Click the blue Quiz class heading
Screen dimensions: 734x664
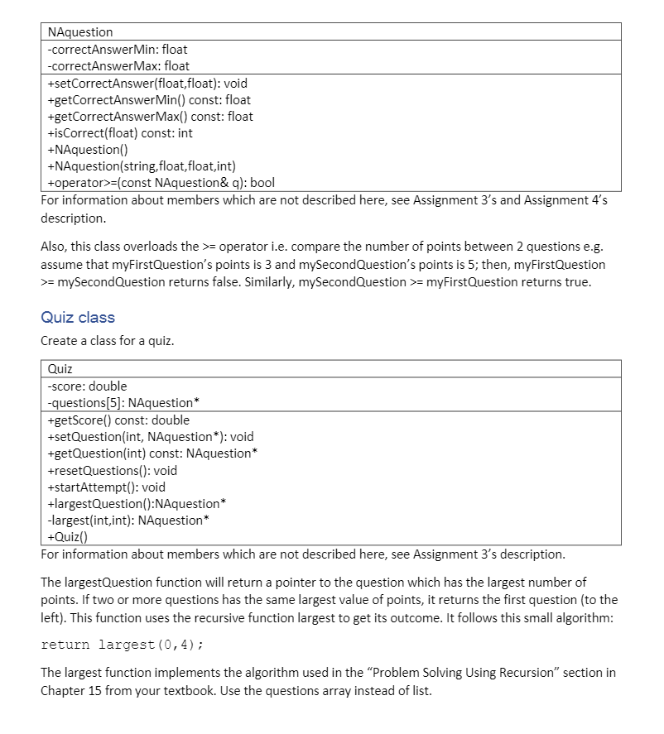pos(78,317)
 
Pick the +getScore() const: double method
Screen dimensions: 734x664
pos(118,420)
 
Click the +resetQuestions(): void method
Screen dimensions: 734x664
pos(113,471)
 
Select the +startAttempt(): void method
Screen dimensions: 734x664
pos(107,487)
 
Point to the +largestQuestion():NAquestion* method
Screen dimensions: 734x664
pos(137,504)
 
